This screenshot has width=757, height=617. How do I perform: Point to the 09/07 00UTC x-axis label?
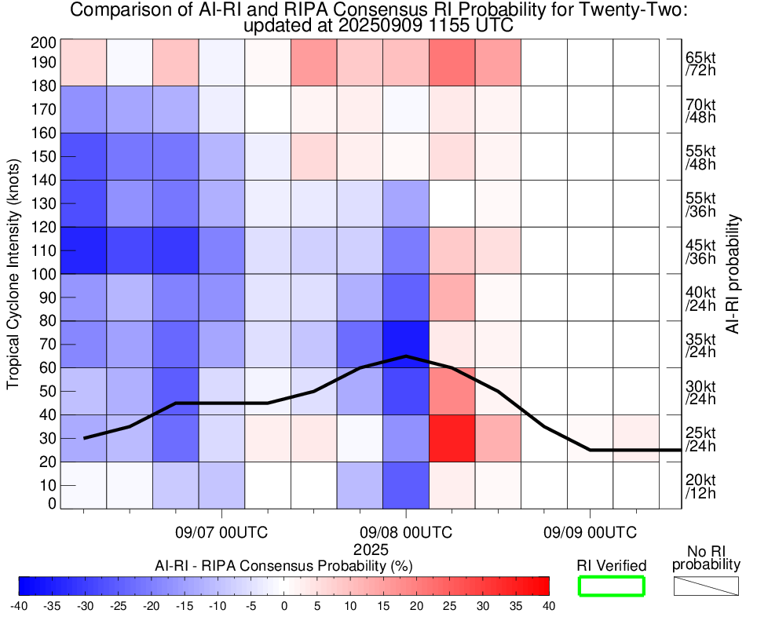click(221, 533)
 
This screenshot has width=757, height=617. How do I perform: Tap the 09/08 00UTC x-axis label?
click(405, 533)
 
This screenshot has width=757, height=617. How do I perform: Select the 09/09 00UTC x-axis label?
click(590, 533)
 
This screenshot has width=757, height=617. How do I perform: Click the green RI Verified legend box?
click(611, 586)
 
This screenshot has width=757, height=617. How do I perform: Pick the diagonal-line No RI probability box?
click(706, 586)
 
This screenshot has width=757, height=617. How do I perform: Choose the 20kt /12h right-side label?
click(700, 486)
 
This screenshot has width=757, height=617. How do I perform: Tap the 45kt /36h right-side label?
click(700, 250)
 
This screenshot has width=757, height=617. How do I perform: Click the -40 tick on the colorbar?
click(19, 606)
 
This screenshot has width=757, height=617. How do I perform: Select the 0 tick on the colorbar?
click(284, 606)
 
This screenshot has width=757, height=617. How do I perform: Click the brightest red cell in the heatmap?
click(452, 438)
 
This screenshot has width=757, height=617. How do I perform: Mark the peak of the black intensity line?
click(405, 356)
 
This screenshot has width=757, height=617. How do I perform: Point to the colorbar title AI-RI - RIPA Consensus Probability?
click(284, 565)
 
